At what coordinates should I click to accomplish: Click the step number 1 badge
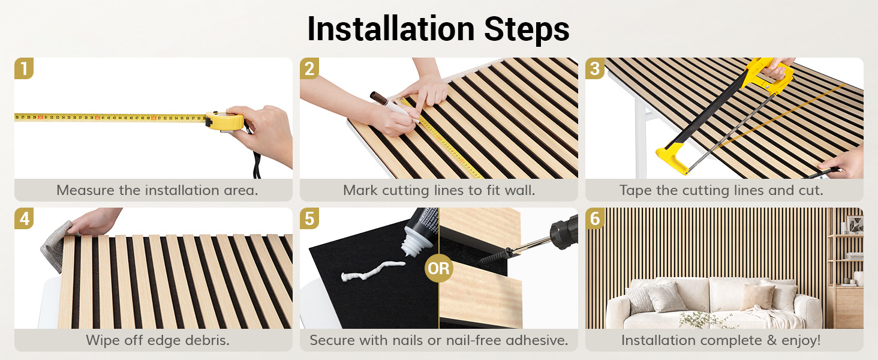(x=24, y=68)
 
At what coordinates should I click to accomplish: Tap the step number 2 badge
(x=309, y=68)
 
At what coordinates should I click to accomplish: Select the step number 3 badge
(x=594, y=68)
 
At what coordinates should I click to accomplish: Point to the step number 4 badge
(x=24, y=218)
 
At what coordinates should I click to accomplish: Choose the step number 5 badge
(x=309, y=218)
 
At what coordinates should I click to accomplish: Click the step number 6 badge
(x=594, y=218)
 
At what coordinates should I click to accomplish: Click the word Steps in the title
(x=527, y=30)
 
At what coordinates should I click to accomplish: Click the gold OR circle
(x=438, y=268)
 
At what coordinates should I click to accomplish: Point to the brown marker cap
(x=379, y=98)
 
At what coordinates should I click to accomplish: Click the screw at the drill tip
(x=493, y=256)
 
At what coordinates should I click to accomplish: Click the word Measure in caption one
(x=85, y=190)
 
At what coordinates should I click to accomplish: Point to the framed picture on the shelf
(x=855, y=225)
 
